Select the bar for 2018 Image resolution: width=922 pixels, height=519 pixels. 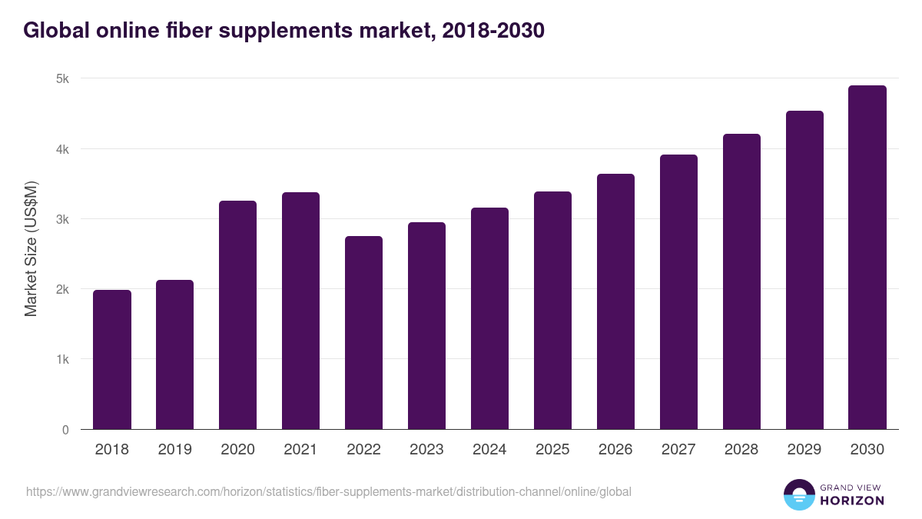(x=112, y=360)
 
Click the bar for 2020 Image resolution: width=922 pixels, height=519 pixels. (x=238, y=315)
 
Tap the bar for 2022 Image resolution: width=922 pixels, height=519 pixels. (x=363, y=333)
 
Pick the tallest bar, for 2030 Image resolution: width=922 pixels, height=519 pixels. (x=867, y=258)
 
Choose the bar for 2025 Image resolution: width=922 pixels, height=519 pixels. (x=552, y=311)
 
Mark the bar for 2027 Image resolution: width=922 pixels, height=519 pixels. (x=678, y=292)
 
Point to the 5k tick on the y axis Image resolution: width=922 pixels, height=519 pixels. (x=62, y=78)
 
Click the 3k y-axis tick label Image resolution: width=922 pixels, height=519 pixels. (x=62, y=219)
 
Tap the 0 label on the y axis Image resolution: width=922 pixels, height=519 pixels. (x=65, y=430)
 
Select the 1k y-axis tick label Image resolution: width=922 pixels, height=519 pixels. (x=62, y=360)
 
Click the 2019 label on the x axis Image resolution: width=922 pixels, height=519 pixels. (x=174, y=450)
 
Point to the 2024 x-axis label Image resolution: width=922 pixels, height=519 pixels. (x=489, y=450)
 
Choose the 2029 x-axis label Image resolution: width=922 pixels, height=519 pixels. (x=804, y=450)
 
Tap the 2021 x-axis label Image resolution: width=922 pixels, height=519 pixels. (x=300, y=450)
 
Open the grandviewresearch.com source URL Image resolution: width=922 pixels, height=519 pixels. (x=328, y=491)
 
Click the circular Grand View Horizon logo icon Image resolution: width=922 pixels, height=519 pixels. (x=798, y=494)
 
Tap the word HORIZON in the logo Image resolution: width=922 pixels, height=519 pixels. (x=853, y=501)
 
